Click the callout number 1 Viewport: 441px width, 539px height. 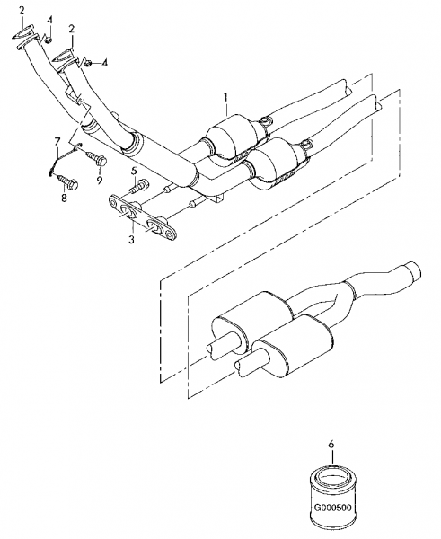pos(225,97)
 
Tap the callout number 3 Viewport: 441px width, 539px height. pos(132,239)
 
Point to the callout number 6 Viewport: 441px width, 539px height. pos(331,445)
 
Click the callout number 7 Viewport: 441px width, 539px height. pos(57,141)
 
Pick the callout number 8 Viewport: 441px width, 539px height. pos(65,198)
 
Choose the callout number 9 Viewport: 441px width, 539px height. pos(100,181)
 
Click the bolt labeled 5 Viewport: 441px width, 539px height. pos(139,186)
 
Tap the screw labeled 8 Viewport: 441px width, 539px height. pos(68,182)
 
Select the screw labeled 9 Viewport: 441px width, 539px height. pos(95,157)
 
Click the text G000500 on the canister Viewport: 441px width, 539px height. pos(333,508)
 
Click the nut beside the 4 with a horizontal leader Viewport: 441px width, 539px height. pos(88,63)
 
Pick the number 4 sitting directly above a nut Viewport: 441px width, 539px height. pos(49,20)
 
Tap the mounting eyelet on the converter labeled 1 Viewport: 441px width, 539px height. pos(264,121)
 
